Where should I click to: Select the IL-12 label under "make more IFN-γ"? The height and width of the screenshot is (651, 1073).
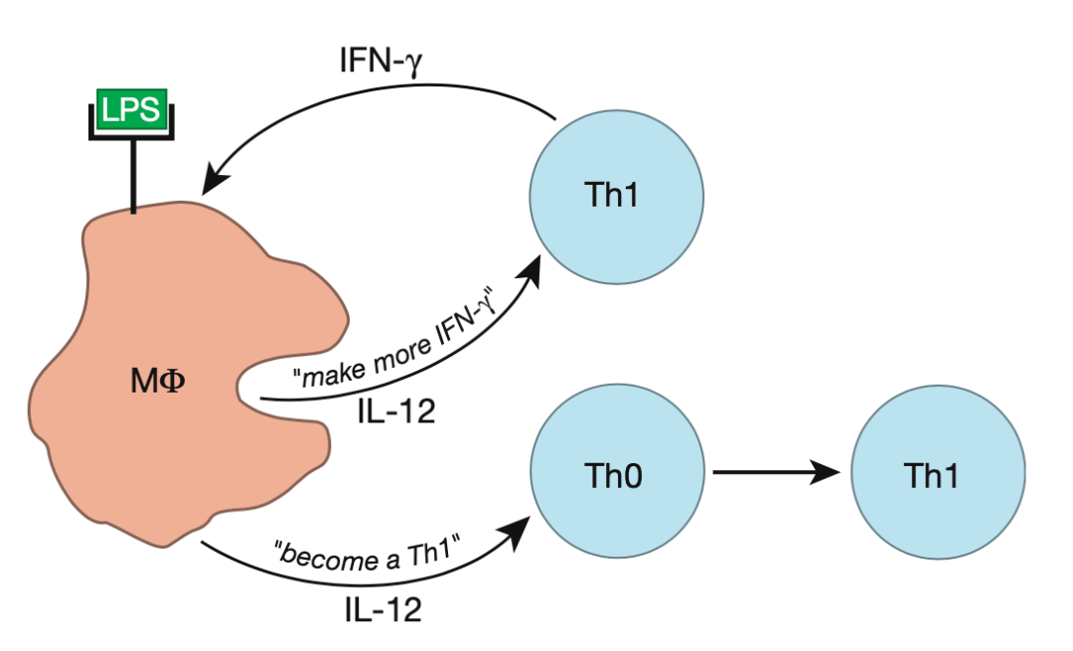pyautogui.click(x=394, y=411)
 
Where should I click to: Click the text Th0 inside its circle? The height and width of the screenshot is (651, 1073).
pyautogui.click(x=616, y=476)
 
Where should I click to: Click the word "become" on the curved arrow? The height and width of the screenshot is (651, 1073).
pyautogui.click(x=319, y=552)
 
